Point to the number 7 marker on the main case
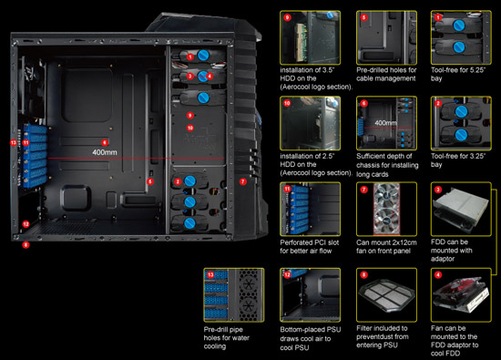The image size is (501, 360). pyautogui.click(x=242, y=182)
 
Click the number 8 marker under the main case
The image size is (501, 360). pyautogui.click(x=26, y=245)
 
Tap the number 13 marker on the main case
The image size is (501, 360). pyautogui.click(x=13, y=144)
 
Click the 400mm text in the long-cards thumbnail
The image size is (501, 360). pyautogui.click(x=385, y=122)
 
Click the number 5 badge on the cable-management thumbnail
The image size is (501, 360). pyautogui.click(x=363, y=17)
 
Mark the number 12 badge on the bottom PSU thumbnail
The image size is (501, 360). pyautogui.click(x=289, y=274)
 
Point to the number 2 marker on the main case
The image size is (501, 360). pyautogui.click(x=177, y=181)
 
